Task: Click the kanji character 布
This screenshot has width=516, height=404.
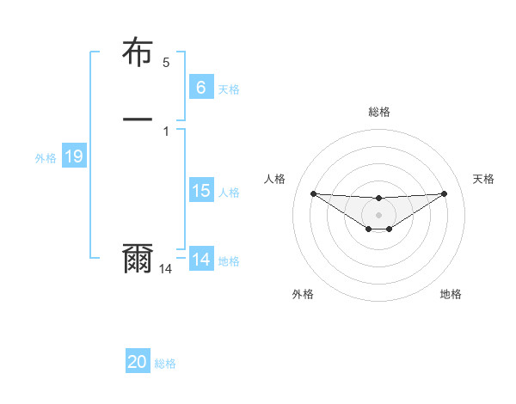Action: [x=138, y=53]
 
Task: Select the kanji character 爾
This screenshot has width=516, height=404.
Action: [x=138, y=260]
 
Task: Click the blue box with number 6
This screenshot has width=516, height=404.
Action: [x=200, y=87]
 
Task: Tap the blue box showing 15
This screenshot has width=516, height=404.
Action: [x=200, y=191]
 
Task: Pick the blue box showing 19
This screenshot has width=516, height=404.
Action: [x=73, y=156]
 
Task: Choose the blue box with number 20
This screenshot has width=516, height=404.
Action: [x=138, y=362]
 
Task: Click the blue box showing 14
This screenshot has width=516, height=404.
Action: [x=200, y=260]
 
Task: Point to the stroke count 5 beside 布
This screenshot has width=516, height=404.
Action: [x=166, y=63]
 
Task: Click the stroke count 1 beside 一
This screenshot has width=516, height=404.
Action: [x=166, y=132]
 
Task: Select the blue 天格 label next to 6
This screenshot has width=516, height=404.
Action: [x=229, y=89]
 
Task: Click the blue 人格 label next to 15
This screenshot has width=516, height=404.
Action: [x=229, y=193]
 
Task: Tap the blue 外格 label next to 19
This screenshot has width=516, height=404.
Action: [x=46, y=158]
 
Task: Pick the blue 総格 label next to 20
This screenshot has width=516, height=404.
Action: [x=165, y=364]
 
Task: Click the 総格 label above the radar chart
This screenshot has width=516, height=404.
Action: [x=378, y=112]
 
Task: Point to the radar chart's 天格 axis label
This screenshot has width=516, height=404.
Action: [x=484, y=179]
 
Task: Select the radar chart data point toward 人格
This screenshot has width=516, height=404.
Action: [x=313, y=193]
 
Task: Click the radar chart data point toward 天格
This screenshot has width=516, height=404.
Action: [x=445, y=193]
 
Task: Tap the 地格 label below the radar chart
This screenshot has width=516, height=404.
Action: [x=451, y=294]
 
